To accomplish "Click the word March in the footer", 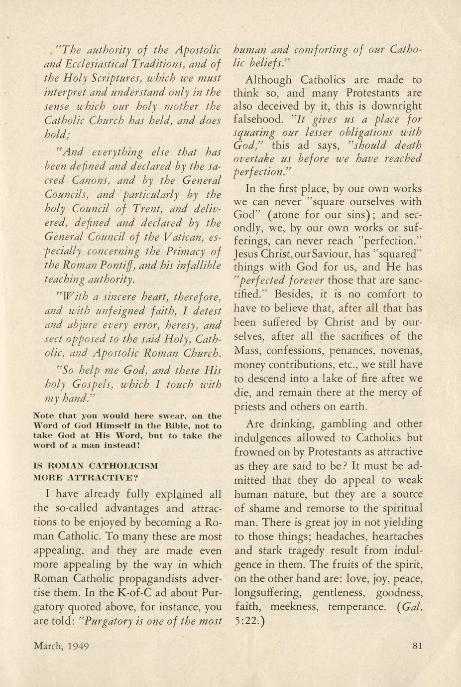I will [x=47, y=646].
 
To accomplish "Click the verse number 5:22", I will [x=245, y=622].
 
